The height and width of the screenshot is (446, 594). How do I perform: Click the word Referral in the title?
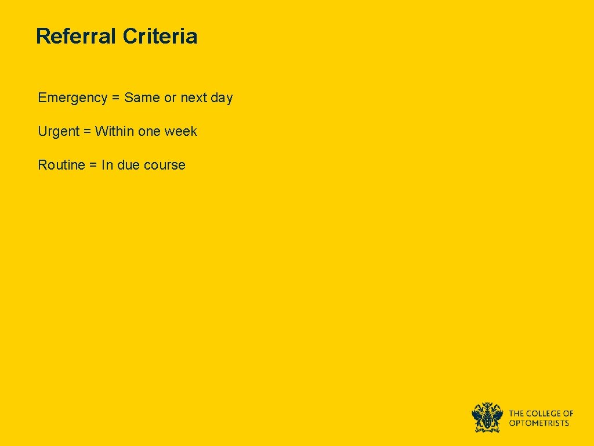(76, 36)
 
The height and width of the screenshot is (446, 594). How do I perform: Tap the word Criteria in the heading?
(160, 36)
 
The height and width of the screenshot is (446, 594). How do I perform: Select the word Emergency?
(73, 98)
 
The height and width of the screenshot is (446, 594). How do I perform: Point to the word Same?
(142, 98)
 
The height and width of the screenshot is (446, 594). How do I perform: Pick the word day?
(222, 98)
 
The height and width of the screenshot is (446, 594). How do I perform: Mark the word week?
(181, 131)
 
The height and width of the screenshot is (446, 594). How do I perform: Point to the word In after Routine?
(107, 165)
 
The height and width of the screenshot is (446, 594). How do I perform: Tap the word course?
(165, 165)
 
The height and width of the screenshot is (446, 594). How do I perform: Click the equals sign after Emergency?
(115, 98)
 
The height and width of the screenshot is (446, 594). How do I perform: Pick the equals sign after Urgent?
(87, 132)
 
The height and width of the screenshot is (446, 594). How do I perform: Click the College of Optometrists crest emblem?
(487, 417)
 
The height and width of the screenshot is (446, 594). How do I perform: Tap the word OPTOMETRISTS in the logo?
(539, 423)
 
